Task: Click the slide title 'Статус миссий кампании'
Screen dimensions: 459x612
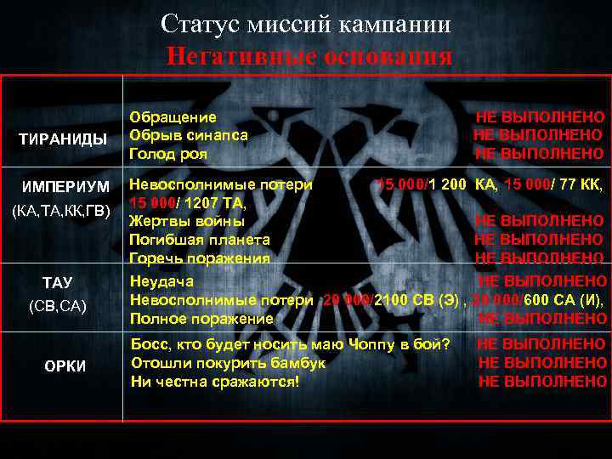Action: [x=306, y=24]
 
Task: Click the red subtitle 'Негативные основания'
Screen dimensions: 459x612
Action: [x=310, y=56]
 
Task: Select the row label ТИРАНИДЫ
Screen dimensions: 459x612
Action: [x=65, y=139]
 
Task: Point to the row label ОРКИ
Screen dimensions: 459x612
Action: [x=65, y=365]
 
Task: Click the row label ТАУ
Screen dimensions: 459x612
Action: [x=58, y=282]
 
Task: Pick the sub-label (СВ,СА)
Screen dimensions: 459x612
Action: [x=58, y=305]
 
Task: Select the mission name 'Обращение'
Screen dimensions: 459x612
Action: [x=173, y=117]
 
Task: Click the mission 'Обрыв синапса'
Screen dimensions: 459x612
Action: [x=189, y=135]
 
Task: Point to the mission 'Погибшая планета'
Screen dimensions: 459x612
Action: [x=199, y=240]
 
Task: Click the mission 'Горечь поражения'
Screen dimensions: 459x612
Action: [x=199, y=258]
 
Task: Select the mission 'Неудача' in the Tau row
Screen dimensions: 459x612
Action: [x=161, y=281]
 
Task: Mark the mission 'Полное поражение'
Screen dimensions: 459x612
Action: [x=201, y=319]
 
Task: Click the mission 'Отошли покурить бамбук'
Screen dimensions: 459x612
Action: [x=228, y=363]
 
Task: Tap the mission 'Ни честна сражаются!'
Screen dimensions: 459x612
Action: [x=214, y=382]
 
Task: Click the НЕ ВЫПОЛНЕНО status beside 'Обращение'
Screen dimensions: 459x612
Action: [x=540, y=117]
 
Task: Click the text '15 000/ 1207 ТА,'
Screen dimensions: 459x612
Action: [x=188, y=202]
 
